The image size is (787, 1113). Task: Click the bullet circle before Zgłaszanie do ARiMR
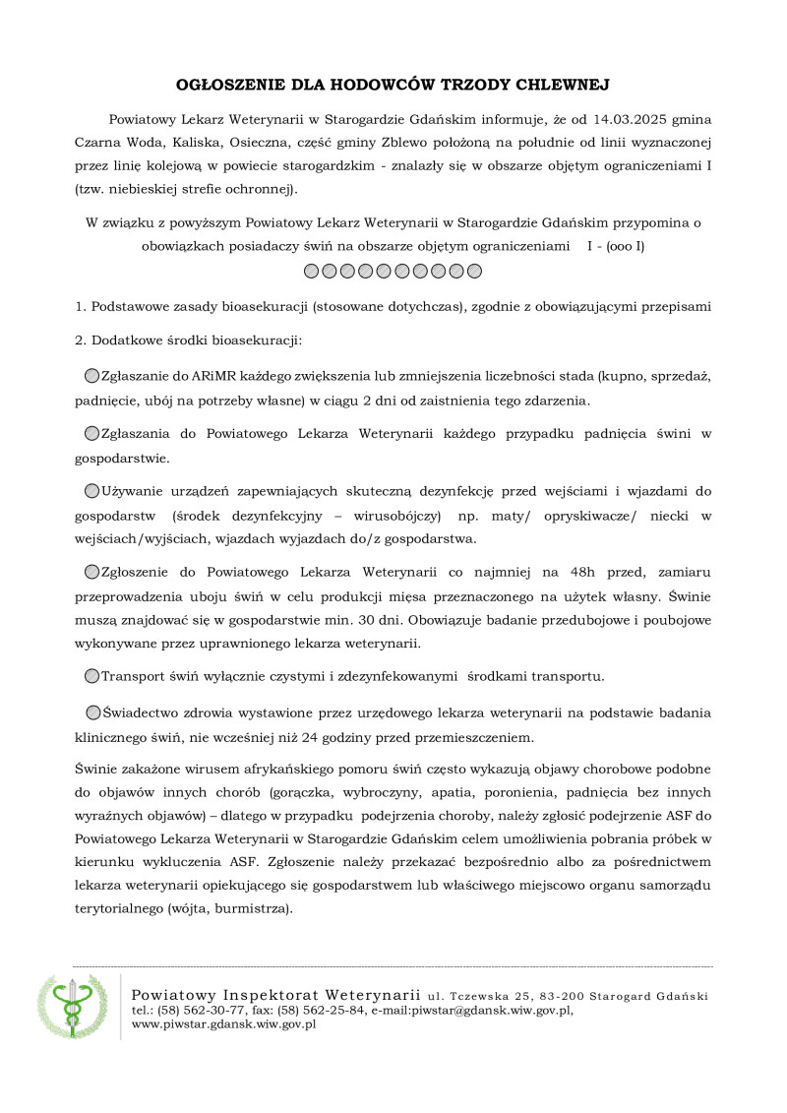coord(91,377)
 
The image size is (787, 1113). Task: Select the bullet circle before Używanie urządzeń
coord(91,490)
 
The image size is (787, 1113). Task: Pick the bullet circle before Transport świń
coord(91,675)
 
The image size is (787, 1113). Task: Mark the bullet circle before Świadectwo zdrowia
coord(92,712)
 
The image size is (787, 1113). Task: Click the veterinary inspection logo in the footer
coord(71,1006)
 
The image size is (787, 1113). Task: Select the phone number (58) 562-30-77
coord(199,1011)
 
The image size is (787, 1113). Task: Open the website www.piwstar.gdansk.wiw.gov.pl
coord(223,1024)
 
